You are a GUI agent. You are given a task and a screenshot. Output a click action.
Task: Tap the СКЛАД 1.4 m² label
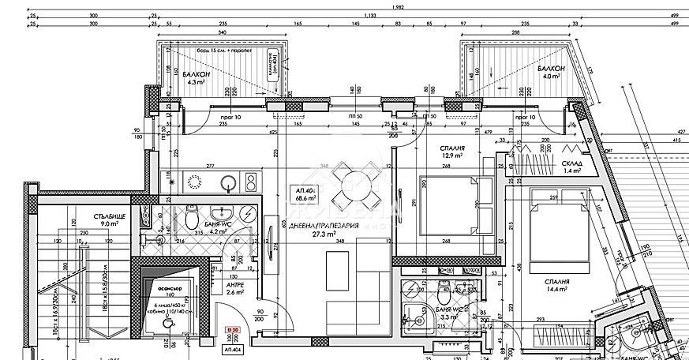[573, 166]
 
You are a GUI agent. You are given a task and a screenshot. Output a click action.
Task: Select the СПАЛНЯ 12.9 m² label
[453, 152]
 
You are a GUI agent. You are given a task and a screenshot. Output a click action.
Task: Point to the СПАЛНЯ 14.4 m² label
[557, 286]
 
